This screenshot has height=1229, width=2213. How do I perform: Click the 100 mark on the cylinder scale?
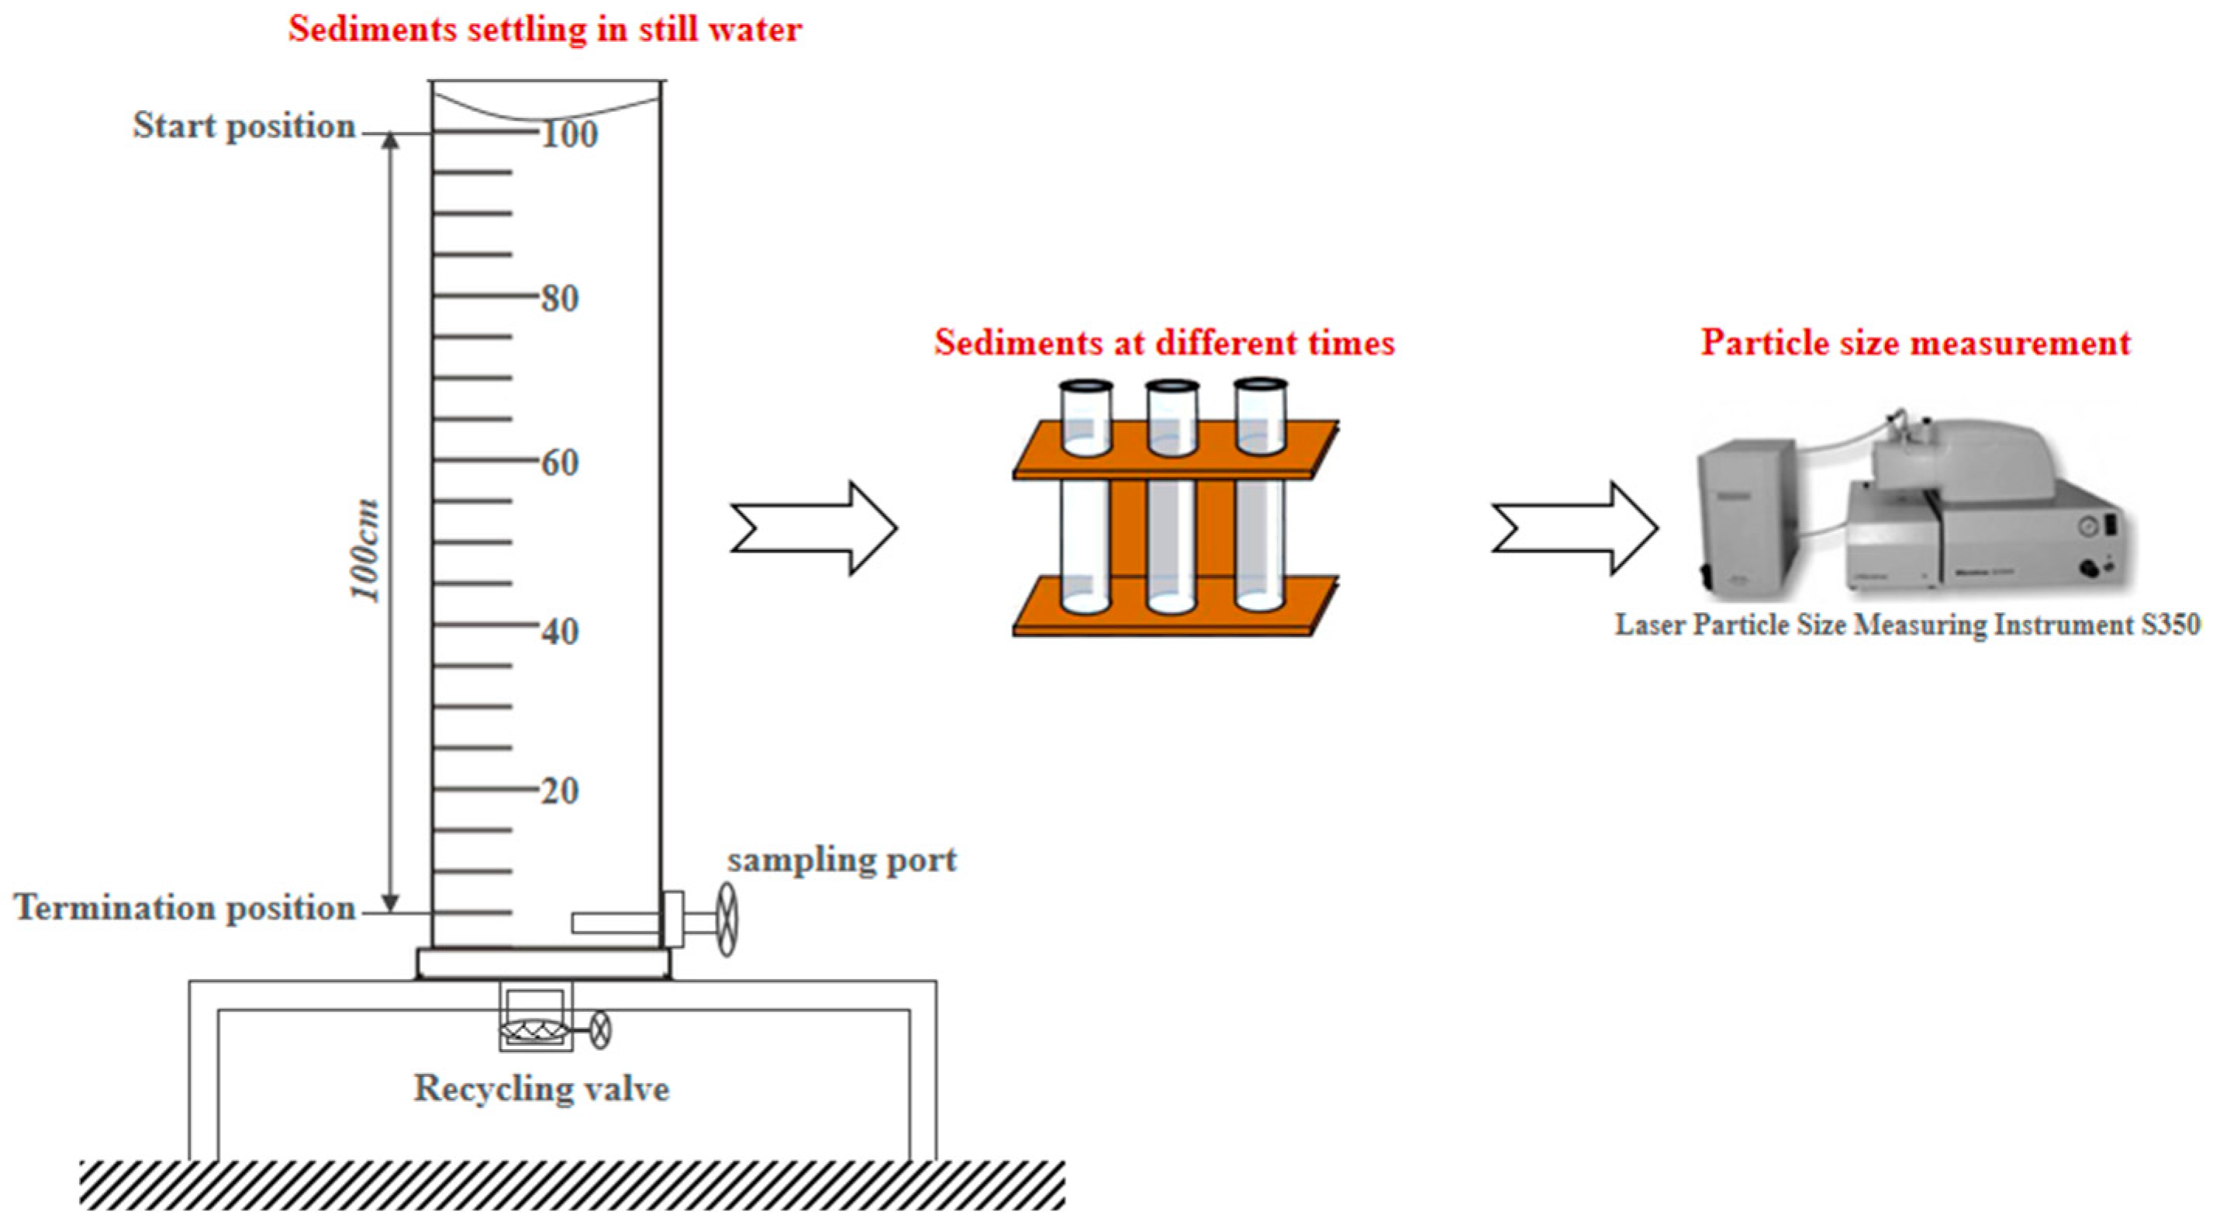pos(568,134)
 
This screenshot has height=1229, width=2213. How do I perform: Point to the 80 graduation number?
pos(560,298)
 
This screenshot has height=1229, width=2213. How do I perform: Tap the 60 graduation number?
pos(560,462)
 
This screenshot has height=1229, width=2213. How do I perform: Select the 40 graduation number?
pos(560,632)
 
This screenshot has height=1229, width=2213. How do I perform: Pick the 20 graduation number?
pos(560,791)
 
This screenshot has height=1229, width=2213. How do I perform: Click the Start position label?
pos(244,126)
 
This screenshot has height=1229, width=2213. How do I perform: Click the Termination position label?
pos(185,908)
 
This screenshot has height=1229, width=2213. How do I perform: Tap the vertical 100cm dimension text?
pos(364,550)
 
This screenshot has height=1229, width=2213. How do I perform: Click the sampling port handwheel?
pos(727,919)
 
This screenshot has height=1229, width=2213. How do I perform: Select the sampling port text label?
pos(842,860)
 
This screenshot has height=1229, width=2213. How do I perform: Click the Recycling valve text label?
pos(541,1088)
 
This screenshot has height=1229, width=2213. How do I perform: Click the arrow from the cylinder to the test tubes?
pos(813,528)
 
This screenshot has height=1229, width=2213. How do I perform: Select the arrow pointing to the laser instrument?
pos(1574,528)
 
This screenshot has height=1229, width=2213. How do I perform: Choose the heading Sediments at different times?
pos(1164,343)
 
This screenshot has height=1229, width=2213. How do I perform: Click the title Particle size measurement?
pos(1916,343)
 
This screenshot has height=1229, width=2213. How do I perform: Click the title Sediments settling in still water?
pos(544,29)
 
